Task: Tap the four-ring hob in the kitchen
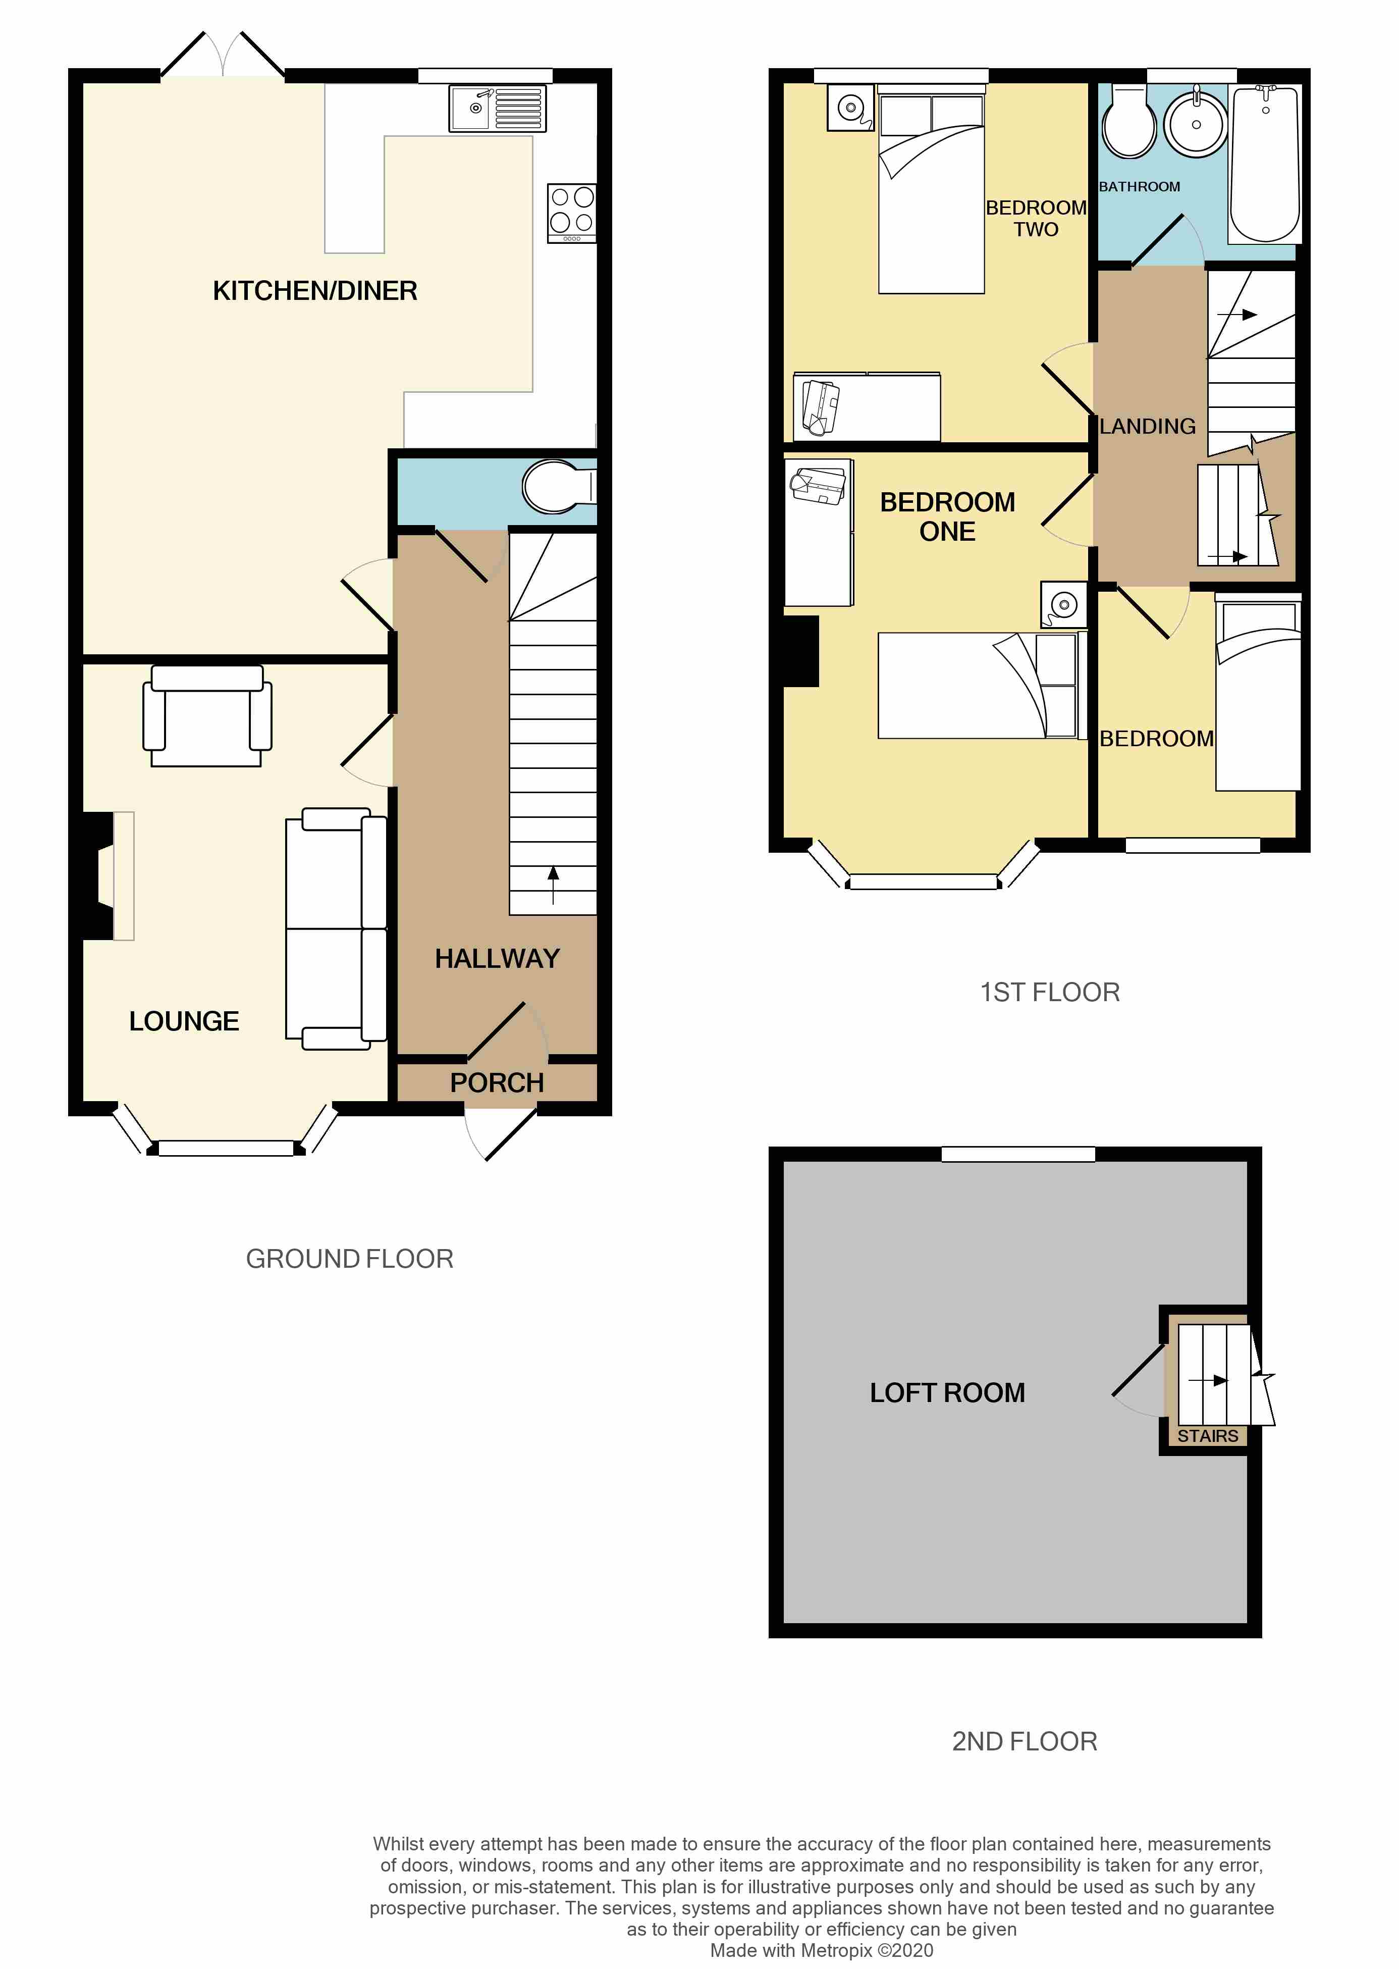[571, 212]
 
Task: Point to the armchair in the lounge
[207, 716]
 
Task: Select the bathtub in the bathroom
[1265, 164]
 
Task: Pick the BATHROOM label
[1139, 187]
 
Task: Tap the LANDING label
[1148, 427]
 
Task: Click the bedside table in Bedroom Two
[850, 108]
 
